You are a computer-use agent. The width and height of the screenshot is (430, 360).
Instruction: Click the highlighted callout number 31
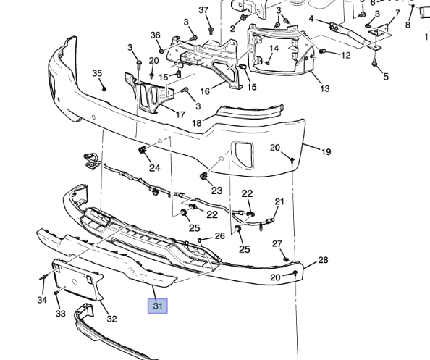point(158,306)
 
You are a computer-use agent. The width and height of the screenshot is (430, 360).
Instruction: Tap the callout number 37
point(203,10)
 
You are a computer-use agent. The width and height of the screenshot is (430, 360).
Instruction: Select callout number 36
point(156,35)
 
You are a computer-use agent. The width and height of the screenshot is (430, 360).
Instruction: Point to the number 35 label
point(97,73)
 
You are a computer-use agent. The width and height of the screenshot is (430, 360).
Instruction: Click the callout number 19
point(326,152)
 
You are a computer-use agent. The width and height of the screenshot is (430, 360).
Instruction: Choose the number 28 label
point(323,260)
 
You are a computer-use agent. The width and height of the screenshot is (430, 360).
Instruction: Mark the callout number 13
point(324,88)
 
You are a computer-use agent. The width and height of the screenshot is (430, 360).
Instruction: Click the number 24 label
point(154,168)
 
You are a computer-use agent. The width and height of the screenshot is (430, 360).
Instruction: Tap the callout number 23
point(216,191)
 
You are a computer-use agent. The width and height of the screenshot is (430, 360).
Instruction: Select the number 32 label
point(111,319)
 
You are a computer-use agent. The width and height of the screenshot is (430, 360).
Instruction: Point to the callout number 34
point(41,300)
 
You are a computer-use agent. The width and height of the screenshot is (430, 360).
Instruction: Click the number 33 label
point(61,314)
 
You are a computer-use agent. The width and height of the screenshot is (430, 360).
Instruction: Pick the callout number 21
point(279,201)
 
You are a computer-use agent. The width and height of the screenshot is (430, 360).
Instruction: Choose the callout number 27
point(277,243)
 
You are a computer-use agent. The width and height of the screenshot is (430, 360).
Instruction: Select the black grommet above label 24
point(143,151)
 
